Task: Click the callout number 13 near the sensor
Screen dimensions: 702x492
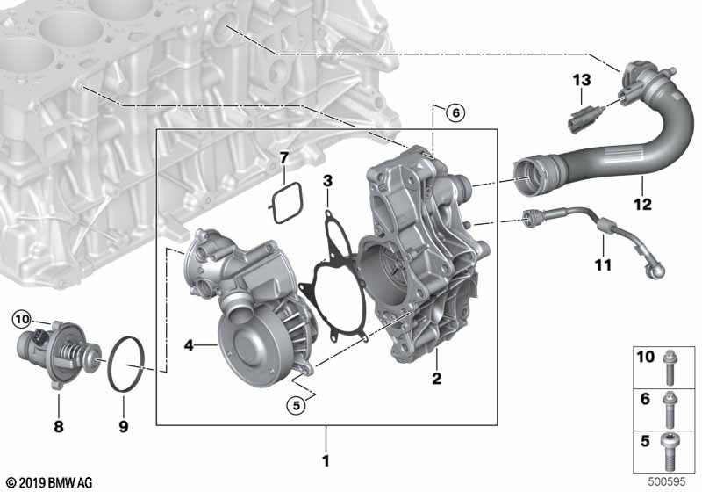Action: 582,81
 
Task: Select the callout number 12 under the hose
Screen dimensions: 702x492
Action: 643,205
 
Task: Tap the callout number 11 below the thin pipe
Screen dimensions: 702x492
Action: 603,264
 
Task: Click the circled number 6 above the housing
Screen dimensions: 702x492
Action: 455,113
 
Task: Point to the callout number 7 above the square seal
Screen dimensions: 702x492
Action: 284,158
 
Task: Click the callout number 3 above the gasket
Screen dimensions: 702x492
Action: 328,181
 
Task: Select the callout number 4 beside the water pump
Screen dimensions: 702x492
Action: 189,345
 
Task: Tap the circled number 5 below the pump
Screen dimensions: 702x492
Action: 296,406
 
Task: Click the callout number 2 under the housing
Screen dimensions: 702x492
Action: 436,379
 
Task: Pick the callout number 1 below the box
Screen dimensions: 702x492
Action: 326,460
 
